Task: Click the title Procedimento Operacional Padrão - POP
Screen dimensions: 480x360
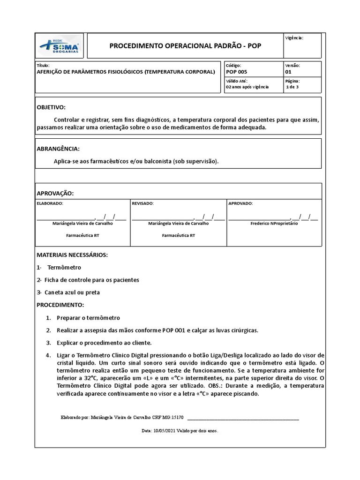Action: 185,46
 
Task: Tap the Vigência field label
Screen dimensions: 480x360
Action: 294,37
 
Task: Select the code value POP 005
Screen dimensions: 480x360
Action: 236,72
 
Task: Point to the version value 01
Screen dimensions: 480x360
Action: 288,72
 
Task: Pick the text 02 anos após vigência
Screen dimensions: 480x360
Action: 247,87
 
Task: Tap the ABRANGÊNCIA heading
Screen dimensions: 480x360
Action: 58,149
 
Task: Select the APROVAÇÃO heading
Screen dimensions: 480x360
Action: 55,193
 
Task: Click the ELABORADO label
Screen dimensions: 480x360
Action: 50,203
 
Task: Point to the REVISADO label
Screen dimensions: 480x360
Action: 142,203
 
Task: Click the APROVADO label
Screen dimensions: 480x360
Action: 240,203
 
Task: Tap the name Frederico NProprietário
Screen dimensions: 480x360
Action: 274,224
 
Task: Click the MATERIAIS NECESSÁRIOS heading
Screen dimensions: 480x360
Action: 72,255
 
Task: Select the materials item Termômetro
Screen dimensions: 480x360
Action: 64,267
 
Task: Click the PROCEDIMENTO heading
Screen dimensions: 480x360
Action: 60,305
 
